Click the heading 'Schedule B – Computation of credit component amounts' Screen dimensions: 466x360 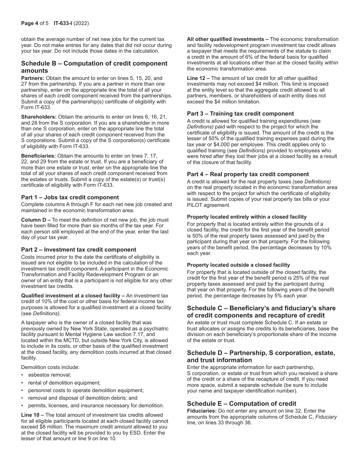94,67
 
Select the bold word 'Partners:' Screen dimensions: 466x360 33,78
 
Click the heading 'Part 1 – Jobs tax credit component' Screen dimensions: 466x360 70,197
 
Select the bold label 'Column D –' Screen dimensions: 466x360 36,220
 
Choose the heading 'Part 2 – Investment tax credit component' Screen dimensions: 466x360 78,249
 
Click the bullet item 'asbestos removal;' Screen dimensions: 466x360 49,375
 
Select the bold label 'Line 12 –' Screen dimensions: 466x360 198,78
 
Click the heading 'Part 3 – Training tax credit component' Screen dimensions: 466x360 240,113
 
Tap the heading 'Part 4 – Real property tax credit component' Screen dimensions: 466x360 248,174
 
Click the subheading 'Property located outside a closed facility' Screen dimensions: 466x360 238,265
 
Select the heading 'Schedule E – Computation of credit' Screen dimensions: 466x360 241,403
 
